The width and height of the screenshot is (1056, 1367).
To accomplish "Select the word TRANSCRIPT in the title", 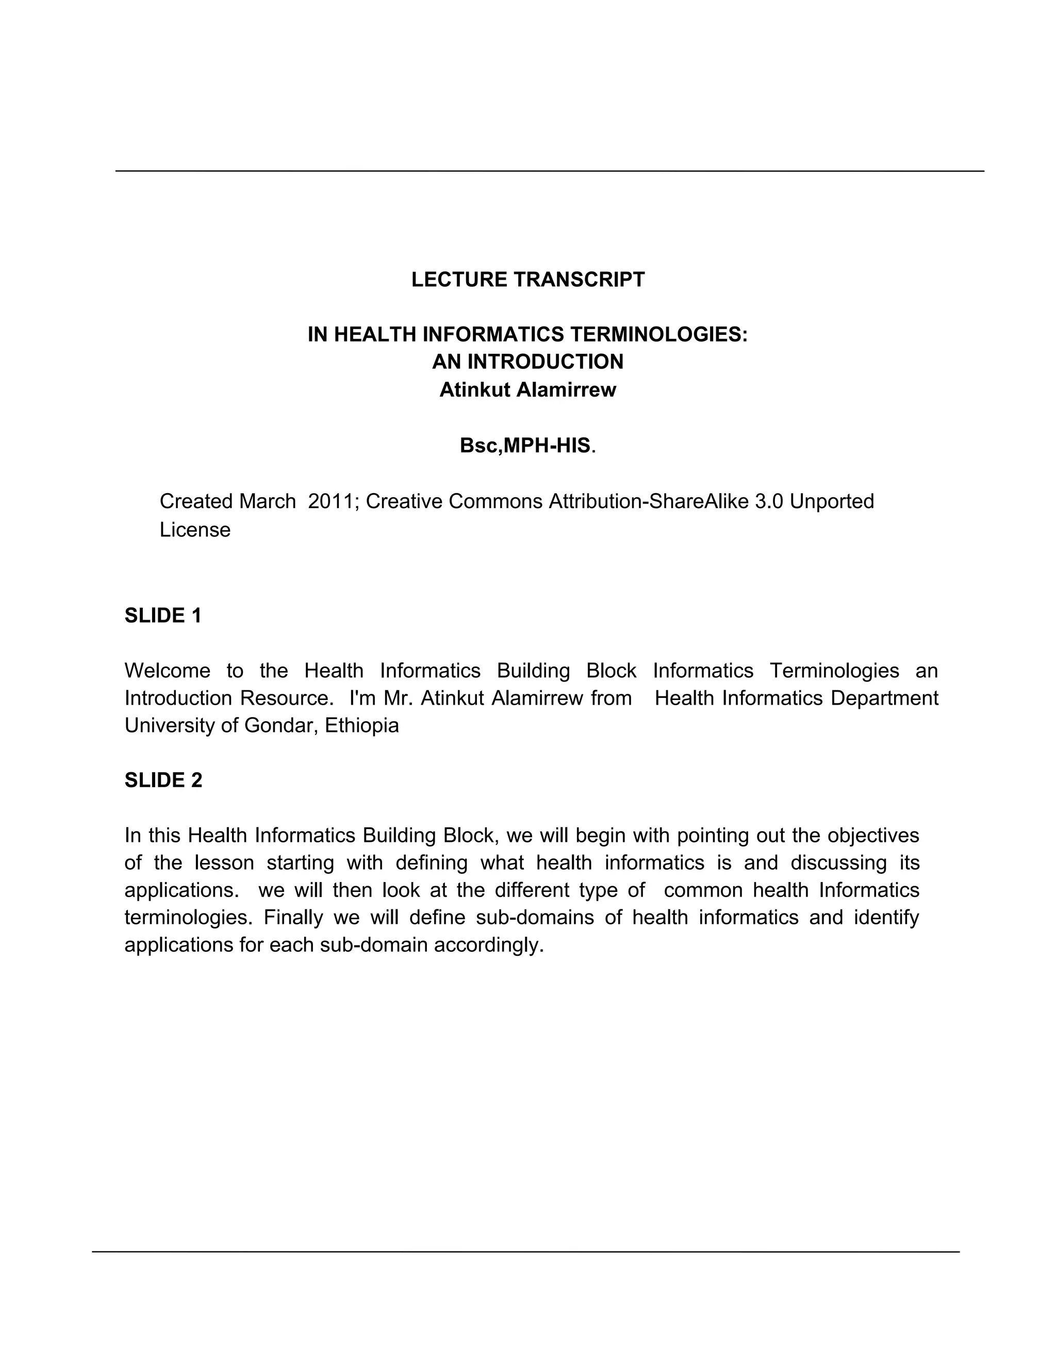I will click(579, 279).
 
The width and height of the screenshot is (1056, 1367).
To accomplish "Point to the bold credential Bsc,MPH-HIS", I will click(525, 445).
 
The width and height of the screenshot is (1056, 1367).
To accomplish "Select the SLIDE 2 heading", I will click(163, 780).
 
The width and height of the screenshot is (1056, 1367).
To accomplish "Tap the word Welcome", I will click(168, 671).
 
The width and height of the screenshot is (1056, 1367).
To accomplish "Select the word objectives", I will click(873, 835).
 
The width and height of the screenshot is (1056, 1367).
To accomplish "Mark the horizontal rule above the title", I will click(549, 171).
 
